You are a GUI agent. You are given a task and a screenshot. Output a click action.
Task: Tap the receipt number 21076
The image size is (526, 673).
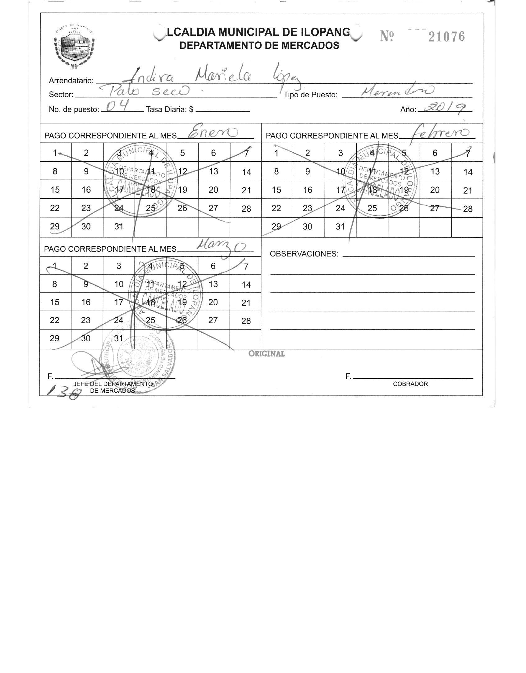pyautogui.click(x=446, y=37)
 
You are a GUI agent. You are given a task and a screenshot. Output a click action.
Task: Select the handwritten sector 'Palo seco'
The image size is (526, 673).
pyautogui.click(x=143, y=91)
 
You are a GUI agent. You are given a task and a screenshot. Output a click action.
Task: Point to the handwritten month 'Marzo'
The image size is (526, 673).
pyautogui.click(x=221, y=247)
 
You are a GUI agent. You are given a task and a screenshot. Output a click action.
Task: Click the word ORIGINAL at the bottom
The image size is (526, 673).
pyautogui.click(x=267, y=354)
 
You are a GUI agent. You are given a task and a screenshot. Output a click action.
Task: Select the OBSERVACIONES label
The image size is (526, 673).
pyautogui.click(x=304, y=254)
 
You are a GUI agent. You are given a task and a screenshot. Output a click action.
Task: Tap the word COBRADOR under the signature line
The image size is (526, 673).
pyautogui.click(x=410, y=384)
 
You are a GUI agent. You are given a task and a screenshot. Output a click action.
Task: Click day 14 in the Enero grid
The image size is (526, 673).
pyautogui.click(x=246, y=172)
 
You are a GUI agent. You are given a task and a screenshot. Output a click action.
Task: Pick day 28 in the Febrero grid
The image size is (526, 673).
pyautogui.click(x=468, y=209)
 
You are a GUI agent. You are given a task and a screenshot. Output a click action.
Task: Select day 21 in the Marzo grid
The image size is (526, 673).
pyautogui.click(x=246, y=303)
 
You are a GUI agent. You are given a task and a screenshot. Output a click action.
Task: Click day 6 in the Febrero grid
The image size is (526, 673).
pyautogui.click(x=435, y=153)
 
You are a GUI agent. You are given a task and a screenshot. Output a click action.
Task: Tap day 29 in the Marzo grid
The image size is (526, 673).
pyautogui.click(x=54, y=338)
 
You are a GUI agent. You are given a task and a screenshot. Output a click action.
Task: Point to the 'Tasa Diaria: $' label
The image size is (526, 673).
pyautogui.click(x=170, y=109)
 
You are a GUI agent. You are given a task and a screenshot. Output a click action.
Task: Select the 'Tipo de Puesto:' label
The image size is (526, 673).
pyautogui.click(x=311, y=95)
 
